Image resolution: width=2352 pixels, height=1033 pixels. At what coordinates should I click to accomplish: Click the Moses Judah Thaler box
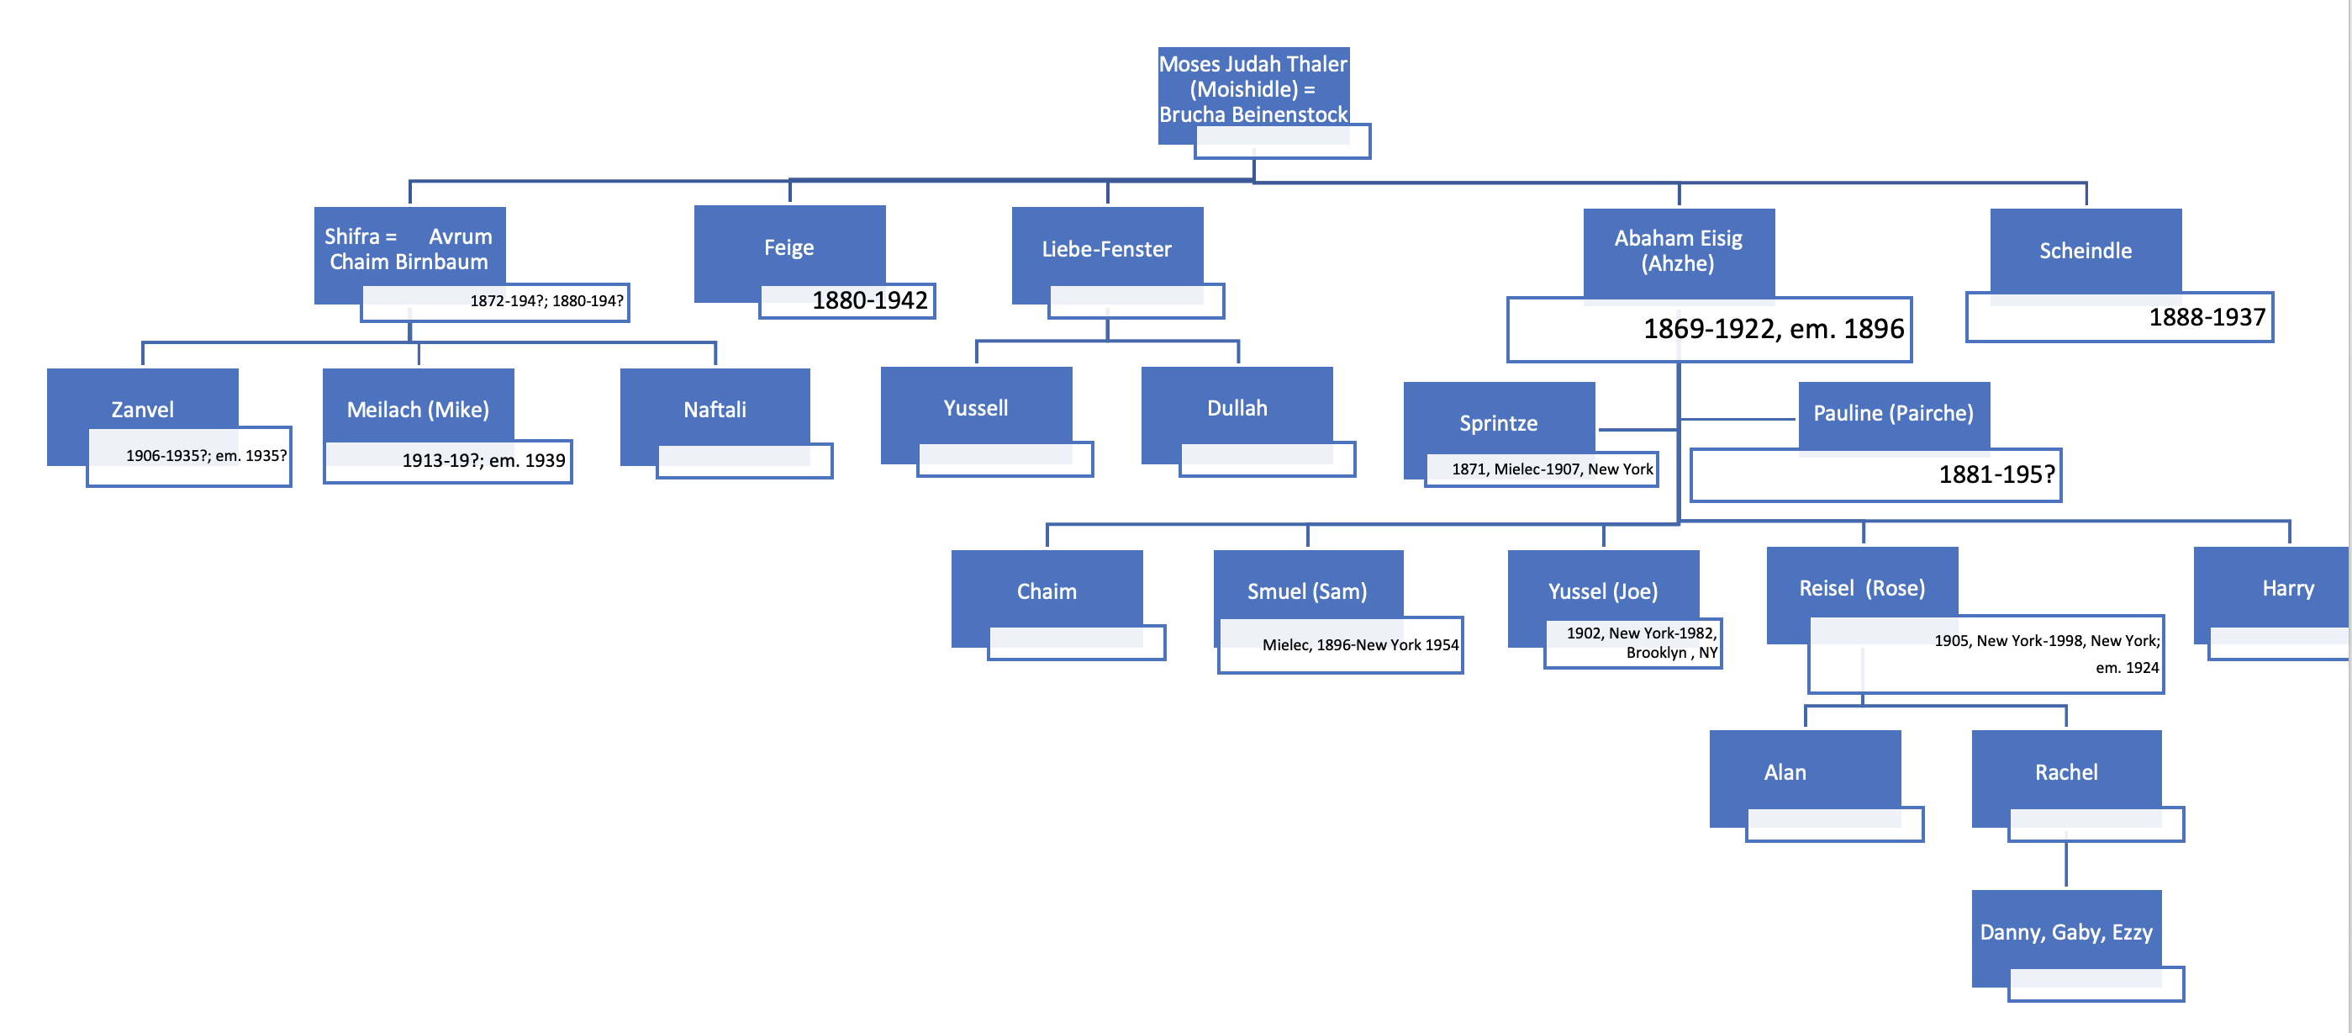click(1252, 88)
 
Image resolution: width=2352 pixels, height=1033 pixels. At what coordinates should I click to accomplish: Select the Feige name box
click(788, 247)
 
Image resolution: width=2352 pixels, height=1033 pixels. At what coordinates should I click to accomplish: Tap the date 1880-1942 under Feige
click(869, 300)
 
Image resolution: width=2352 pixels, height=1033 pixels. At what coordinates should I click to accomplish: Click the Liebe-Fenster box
click(1106, 248)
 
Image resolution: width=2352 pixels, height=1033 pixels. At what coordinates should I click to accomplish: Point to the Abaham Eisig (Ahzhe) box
click(1678, 250)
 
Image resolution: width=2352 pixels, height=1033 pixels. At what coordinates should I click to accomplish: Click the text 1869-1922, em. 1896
click(1773, 329)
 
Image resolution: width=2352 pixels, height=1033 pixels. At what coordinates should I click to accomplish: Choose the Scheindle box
click(2086, 250)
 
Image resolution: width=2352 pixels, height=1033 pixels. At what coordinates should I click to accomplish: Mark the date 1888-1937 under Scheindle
click(2207, 318)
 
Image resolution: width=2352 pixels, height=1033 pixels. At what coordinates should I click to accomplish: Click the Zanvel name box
click(142, 408)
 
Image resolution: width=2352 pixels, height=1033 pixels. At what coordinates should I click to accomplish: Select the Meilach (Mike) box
click(418, 408)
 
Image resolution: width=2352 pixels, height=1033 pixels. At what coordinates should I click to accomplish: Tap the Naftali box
click(715, 408)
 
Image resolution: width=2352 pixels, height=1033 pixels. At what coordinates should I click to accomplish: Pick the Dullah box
click(1237, 407)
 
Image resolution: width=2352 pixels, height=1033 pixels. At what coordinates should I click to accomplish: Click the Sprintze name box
click(1498, 422)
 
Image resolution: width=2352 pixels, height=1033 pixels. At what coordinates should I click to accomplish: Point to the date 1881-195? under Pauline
click(1996, 475)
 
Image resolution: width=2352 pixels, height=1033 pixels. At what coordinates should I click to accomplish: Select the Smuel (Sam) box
click(1307, 590)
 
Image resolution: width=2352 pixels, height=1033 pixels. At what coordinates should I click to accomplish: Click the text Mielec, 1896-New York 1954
click(1359, 645)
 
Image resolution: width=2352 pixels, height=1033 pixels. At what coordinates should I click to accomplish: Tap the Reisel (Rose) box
click(1862, 587)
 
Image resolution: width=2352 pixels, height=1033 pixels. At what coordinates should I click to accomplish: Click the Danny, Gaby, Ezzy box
click(2066, 931)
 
